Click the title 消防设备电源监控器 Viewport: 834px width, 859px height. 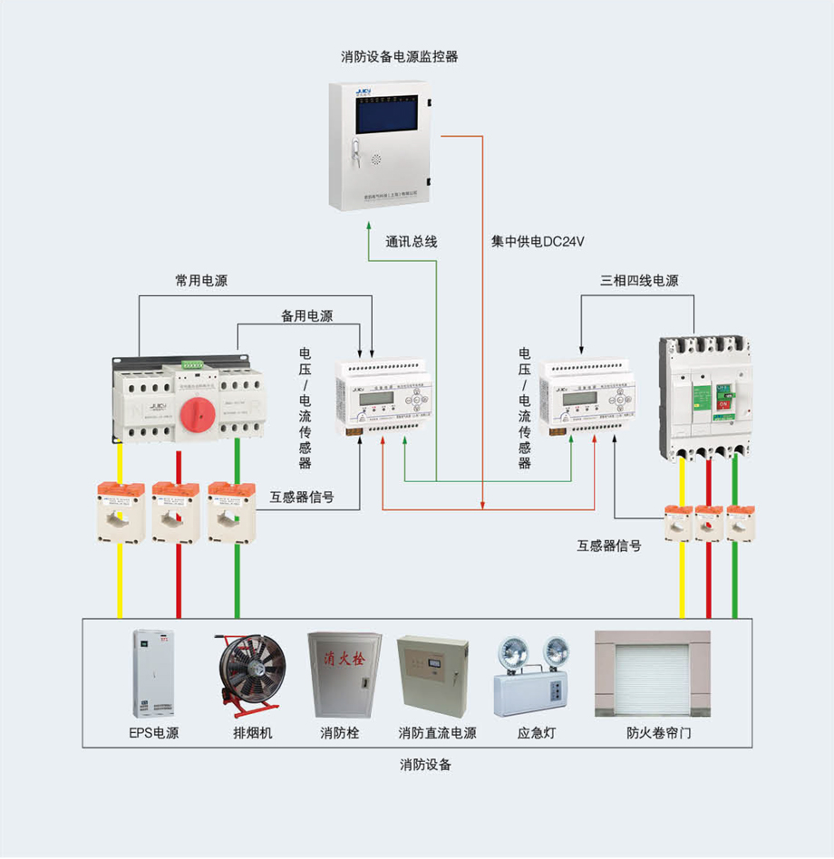(x=400, y=57)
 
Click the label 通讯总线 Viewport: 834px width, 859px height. (x=412, y=242)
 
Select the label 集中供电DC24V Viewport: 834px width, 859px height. (x=538, y=242)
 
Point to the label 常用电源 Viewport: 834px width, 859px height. (x=201, y=281)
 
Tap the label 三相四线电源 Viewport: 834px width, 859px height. (x=639, y=281)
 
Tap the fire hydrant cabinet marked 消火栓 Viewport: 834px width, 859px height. (x=339, y=674)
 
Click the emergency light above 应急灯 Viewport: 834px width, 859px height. (x=533, y=676)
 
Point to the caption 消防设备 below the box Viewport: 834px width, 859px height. (x=425, y=764)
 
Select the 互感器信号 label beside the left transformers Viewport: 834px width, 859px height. (x=301, y=497)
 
